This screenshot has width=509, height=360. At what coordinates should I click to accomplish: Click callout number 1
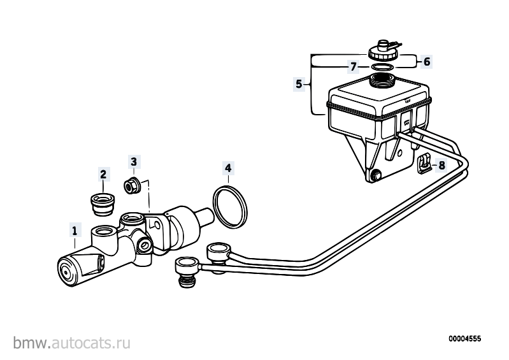coord(75,231)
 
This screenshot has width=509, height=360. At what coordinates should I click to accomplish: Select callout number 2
coord(103,175)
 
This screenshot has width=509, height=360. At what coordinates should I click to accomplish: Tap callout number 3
coord(134,161)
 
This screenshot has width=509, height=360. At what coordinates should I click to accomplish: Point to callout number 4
coord(228,168)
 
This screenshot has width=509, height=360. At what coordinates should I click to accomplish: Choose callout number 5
coord(299,84)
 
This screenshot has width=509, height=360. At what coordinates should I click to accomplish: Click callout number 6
coord(427,61)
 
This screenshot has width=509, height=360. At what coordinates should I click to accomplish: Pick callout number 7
coord(353,67)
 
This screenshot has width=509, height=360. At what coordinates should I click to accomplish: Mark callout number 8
coord(442,165)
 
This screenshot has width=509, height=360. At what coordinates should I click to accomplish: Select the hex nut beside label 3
coord(133,185)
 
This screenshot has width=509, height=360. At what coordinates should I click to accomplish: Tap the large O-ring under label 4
coord(230,206)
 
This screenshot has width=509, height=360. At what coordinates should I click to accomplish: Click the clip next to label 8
coord(424,163)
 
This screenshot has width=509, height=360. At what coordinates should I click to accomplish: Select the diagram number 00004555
coord(465,339)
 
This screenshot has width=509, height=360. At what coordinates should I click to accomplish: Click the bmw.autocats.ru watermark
coord(72,343)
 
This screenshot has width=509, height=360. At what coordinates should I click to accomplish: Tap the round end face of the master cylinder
coord(67,272)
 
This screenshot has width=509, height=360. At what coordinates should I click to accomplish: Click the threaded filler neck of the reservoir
coord(382,80)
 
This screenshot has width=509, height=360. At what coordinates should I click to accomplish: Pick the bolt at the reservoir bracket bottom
coord(376,175)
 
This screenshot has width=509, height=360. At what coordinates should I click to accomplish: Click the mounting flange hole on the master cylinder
coord(157,225)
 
